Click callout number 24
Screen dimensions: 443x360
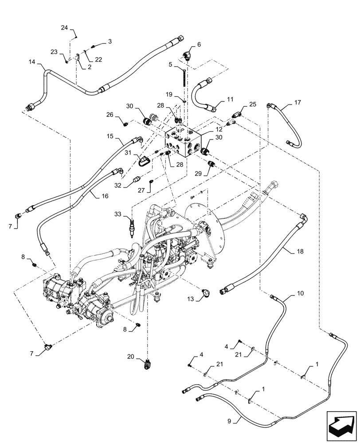64,28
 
